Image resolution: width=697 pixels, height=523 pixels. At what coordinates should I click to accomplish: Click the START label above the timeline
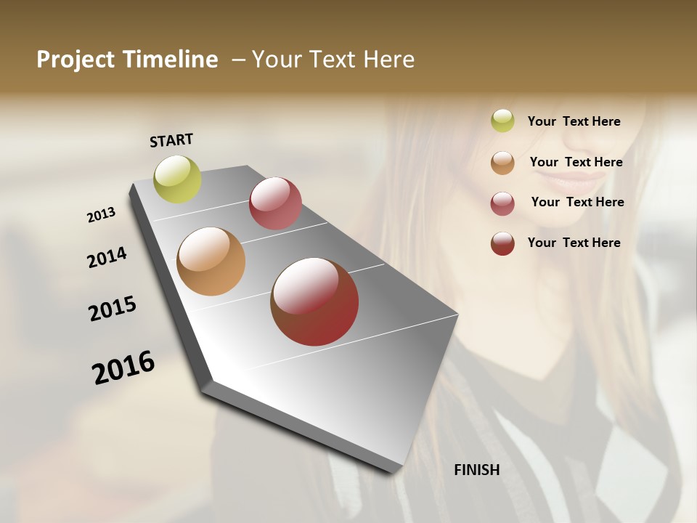tap(171, 140)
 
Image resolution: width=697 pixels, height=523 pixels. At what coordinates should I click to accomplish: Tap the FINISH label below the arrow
tap(476, 470)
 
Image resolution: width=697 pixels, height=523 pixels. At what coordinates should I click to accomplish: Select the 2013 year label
tap(102, 214)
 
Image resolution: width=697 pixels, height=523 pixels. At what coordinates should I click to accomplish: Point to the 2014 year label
tap(107, 257)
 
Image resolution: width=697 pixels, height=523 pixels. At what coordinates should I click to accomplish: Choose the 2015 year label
tap(113, 309)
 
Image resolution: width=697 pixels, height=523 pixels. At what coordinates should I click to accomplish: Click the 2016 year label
tap(123, 367)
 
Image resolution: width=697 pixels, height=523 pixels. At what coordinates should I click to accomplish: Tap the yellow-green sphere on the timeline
tap(177, 179)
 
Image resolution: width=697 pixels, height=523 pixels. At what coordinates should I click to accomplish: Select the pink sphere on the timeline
tap(275, 203)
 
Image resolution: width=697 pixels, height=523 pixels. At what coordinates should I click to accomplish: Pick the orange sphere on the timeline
tap(211, 261)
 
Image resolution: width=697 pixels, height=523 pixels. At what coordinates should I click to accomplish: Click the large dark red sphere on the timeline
tap(314, 301)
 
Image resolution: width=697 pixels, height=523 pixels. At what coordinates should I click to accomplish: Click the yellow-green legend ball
tap(502, 121)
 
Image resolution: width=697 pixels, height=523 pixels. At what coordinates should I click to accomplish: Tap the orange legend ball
tap(502, 162)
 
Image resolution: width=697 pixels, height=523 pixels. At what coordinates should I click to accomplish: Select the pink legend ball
tap(502, 203)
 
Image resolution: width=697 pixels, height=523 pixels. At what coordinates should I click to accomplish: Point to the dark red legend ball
tap(502, 243)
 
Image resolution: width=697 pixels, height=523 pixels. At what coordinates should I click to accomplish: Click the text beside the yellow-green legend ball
tap(574, 121)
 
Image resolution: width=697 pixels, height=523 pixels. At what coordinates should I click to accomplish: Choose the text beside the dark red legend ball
tap(574, 243)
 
